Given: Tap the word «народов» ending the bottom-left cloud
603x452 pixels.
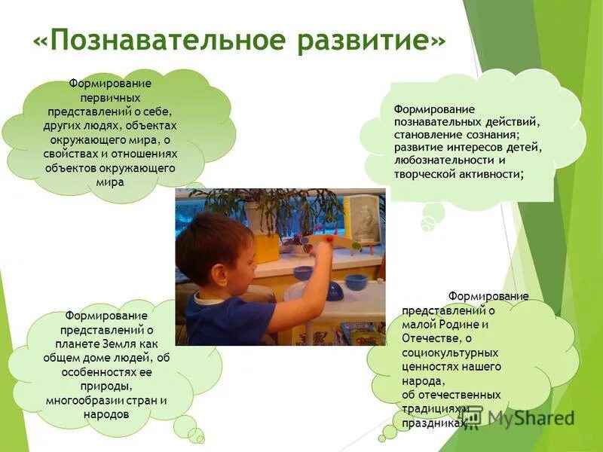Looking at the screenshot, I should click(109, 414).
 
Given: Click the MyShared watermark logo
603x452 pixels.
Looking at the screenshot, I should click(520, 417).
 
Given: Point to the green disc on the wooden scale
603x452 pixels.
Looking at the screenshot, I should click(355, 245).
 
